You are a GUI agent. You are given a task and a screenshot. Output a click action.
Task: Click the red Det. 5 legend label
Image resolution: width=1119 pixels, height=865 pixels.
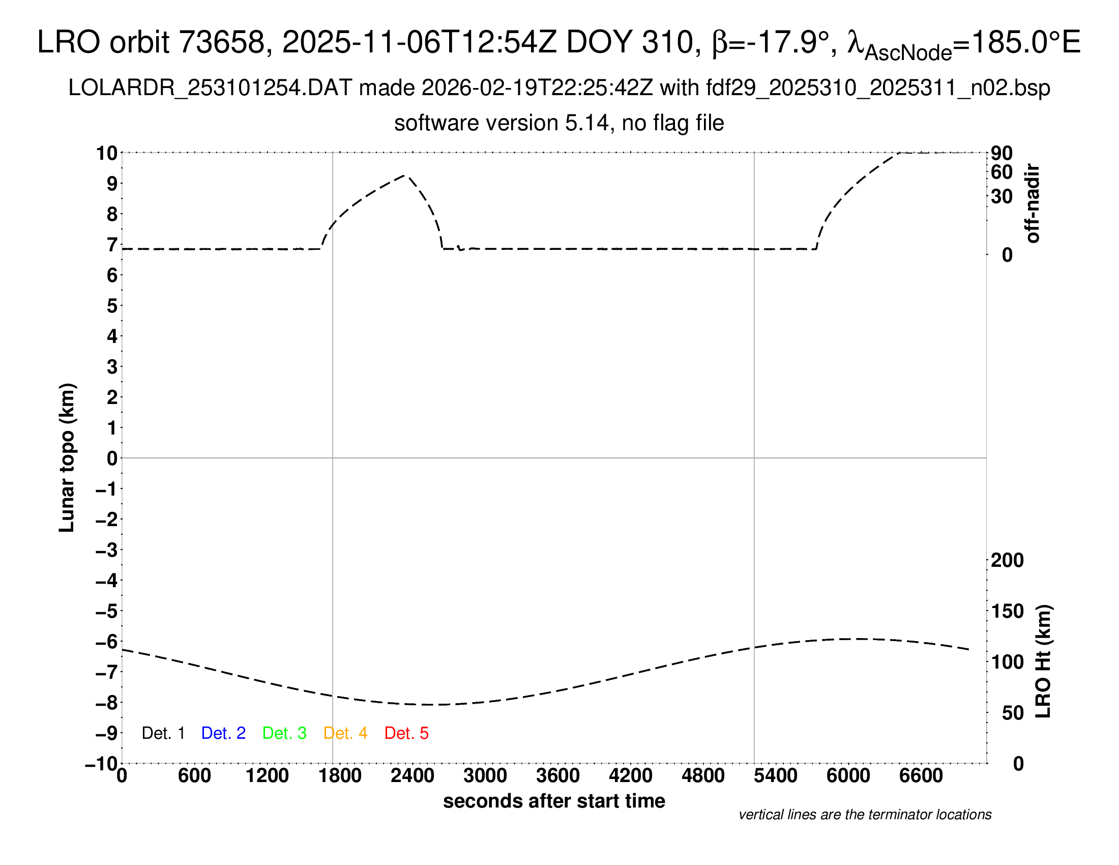pyautogui.click(x=406, y=733)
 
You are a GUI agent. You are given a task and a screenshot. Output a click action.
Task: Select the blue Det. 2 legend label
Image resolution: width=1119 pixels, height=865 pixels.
pyautogui.click(x=223, y=733)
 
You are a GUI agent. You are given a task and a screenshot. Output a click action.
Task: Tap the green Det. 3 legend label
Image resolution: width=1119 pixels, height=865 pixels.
pyautogui.click(x=284, y=733)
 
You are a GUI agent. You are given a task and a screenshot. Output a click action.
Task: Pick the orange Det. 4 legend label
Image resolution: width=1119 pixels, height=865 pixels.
pyautogui.click(x=345, y=733)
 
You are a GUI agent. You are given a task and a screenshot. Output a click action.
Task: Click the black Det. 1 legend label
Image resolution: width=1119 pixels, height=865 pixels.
pyautogui.click(x=163, y=733)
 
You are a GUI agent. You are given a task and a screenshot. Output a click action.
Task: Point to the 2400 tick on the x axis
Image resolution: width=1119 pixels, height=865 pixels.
pyautogui.click(x=413, y=776)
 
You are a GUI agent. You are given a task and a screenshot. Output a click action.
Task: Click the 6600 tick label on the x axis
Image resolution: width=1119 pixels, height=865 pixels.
pyautogui.click(x=921, y=776)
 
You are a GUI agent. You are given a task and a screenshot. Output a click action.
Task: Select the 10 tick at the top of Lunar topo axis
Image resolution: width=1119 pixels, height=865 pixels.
pyautogui.click(x=107, y=153)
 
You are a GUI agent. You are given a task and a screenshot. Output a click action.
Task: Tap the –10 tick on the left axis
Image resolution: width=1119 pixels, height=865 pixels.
pyautogui.click(x=101, y=764)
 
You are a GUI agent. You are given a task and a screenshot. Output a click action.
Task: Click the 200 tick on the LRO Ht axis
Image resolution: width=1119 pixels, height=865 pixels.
pyautogui.click(x=1007, y=560)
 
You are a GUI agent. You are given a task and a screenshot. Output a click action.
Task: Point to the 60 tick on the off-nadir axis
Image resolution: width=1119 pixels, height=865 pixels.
pyautogui.click(x=1002, y=172)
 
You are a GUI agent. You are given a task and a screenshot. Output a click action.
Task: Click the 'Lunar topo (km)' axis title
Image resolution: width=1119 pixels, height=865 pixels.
pyautogui.click(x=67, y=457)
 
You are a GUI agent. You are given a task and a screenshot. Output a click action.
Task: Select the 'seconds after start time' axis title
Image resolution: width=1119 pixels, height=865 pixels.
pyautogui.click(x=554, y=801)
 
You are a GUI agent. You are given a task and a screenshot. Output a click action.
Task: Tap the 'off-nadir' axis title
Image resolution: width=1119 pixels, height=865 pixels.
pyautogui.click(x=1033, y=204)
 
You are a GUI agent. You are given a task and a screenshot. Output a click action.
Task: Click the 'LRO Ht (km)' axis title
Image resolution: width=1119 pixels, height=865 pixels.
pyautogui.click(x=1043, y=661)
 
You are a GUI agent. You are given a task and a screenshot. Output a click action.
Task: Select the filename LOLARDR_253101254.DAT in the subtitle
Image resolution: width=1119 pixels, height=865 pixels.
pyautogui.click(x=210, y=88)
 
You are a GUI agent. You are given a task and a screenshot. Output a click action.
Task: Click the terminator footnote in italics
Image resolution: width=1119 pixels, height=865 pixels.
pyautogui.click(x=865, y=815)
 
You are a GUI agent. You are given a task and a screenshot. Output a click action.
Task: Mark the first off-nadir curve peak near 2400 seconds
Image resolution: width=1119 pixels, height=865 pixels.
pyautogui.click(x=405, y=175)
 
